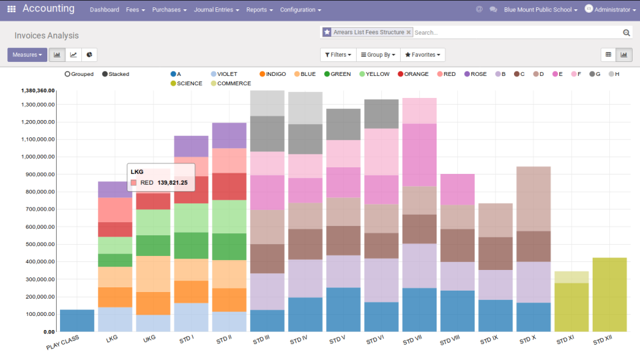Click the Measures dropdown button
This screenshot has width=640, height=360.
click(x=27, y=55)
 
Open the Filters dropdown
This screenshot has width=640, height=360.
click(x=338, y=55)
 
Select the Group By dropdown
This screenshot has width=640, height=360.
click(x=378, y=55)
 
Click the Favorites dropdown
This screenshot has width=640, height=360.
click(x=423, y=55)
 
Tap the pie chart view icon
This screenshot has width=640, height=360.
click(x=89, y=55)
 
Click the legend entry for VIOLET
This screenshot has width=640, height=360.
click(x=223, y=74)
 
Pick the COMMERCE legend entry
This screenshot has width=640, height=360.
click(x=230, y=83)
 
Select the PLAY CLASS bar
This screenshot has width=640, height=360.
click(x=77, y=321)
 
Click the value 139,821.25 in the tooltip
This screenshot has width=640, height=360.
click(x=172, y=182)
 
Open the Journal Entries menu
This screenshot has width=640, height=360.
click(x=217, y=10)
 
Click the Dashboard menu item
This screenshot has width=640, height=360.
click(x=104, y=10)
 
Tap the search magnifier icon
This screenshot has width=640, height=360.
click(x=626, y=32)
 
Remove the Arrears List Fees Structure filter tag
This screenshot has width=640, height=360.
click(x=409, y=32)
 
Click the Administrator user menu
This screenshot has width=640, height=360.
click(x=607, y=10)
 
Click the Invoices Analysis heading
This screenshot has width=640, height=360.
click(x=46, y=35)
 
